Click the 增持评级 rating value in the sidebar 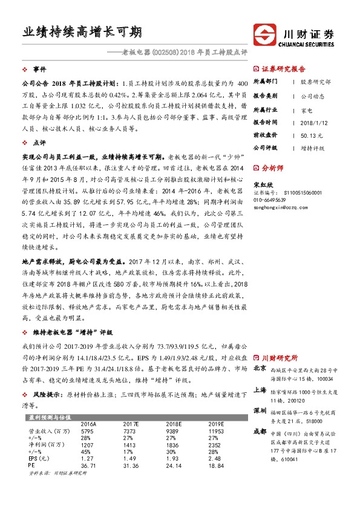[313, 148]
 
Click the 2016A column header [88, 424]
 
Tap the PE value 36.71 [89, 464]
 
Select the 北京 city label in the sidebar [260, 368]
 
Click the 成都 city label [260, 432]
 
